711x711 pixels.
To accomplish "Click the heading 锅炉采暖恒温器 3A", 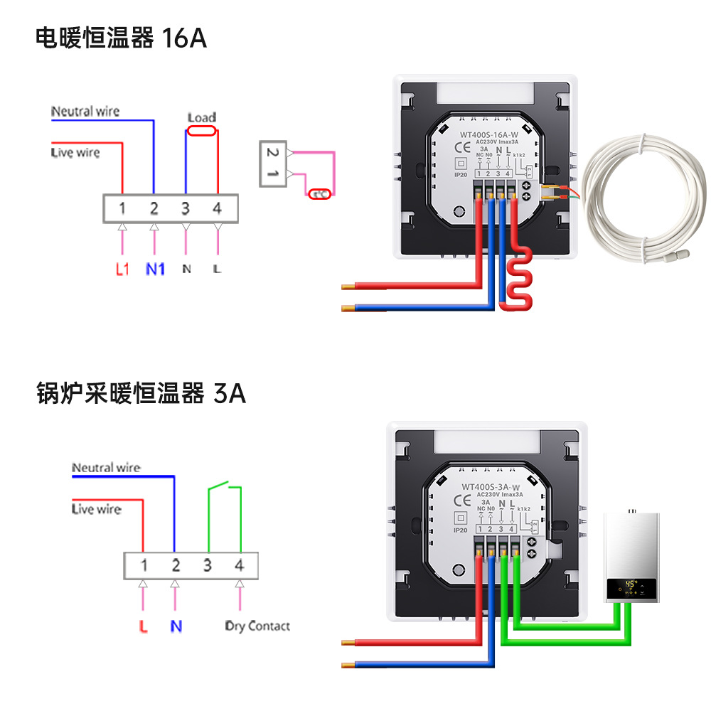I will (x=141, y=392).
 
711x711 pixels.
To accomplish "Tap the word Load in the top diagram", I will (x=202, y=117).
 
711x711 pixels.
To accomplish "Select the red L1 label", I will (x=122, y=269).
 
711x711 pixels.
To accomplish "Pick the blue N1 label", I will (x=155, y=269).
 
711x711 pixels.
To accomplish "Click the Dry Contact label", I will (x=257, y=626).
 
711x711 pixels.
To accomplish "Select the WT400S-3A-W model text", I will (x=487, y=487).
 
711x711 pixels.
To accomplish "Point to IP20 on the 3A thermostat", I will (x=460, y=530).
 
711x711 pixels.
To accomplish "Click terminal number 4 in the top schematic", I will (x=217, y=208).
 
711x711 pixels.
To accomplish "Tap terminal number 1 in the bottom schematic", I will (x=144, y=565).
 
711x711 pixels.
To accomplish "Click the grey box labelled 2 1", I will (x=272, y=163).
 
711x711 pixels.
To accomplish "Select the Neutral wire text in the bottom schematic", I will (x=106, y=468).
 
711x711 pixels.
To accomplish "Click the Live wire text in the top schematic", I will (x=75, y=152).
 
